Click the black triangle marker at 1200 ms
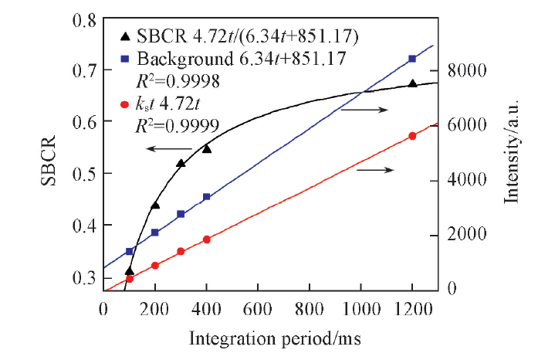pyautogui.click(x=412, y=83)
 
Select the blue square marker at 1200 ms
pyautogui.click(x=412, y=59)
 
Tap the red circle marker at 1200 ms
pyautogui.click(x=412, y=136)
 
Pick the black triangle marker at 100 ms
pyautogui.click(x=129, y=271)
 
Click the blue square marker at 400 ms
pyautogui.click(x=206, y=197)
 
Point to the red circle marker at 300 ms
pyautogui.click(x=181, y=251)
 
